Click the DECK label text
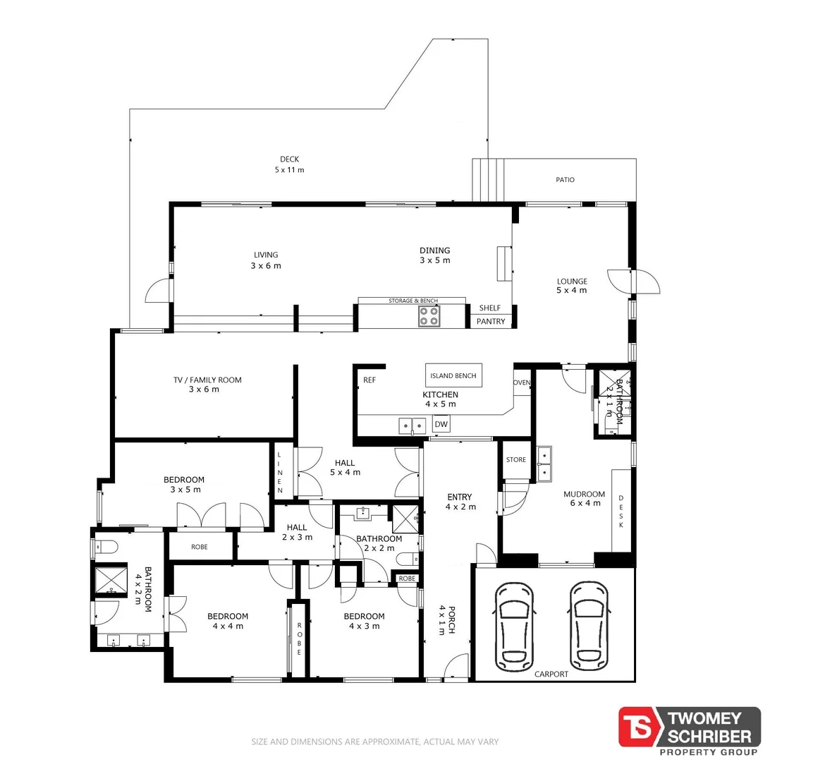click(289, 159)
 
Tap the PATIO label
click(565, 180)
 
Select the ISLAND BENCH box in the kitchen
click(453, 376)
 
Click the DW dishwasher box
click(441, 424)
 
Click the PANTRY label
click(491, 321)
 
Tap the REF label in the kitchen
click(369, 380)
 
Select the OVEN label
click(522, 382)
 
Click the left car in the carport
click(515, 626)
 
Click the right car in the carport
click(589, 626)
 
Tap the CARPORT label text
click(551, 674)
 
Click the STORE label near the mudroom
click(516, 459)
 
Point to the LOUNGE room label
click(572, 281)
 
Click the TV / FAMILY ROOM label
click(207, 380)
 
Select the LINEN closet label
click(280, 472)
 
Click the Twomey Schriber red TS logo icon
click(637, 727)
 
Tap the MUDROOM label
click(584, 494)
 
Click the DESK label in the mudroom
click(621, 512)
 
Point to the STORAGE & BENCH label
click(413, 301)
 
